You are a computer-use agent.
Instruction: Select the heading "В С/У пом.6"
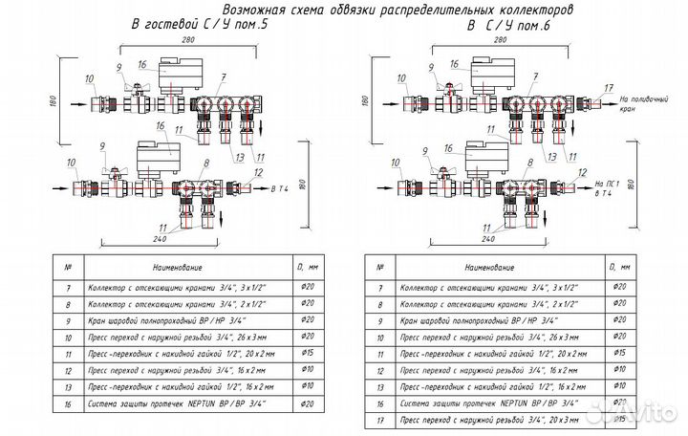[x=505, y=26]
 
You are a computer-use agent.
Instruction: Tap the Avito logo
[x=641, y=412]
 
